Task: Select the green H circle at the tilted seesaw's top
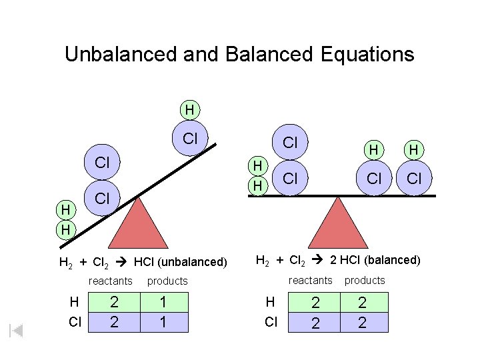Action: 190,109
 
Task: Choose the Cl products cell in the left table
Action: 162,323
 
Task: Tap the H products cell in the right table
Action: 363,303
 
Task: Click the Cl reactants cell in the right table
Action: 316,323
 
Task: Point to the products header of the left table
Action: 167,281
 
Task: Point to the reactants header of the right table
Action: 310,280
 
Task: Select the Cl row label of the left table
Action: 75,323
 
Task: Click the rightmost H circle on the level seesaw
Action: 414,151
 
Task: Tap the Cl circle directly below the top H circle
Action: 190,139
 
